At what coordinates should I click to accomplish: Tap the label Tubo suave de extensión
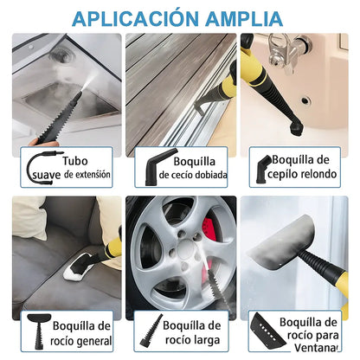pyautogui.click(x=83, y=166)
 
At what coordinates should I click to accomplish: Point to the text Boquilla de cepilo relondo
pyautogui.click(x=311, y=165)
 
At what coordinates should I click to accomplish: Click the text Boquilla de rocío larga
pyautogui.click(x=198, y=332)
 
